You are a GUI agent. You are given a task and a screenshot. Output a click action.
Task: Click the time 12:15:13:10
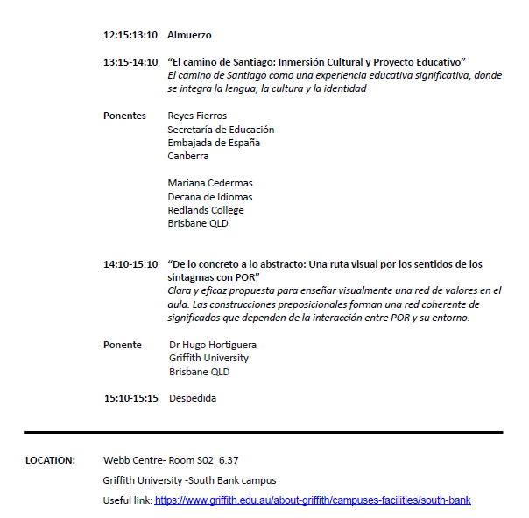click(x=130, y=36)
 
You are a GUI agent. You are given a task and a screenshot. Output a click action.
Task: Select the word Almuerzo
click(x=189, y=36)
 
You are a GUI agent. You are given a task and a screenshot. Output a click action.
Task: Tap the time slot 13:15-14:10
click(x=130, y=62)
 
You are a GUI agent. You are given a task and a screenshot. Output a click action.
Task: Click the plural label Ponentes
click(x=124, y=115)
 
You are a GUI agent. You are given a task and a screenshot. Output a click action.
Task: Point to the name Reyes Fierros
click(x=197, y=115)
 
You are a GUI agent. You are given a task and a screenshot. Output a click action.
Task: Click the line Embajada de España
click(x=214, y=143)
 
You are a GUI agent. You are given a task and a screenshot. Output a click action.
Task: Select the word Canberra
click(x=188, y=156)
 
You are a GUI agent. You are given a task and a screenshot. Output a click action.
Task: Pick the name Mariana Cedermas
click(x=210, y=183)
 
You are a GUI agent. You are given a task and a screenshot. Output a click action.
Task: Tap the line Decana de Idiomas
click(x=210, y=197)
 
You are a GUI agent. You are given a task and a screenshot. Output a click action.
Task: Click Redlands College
click(x=206, y=210)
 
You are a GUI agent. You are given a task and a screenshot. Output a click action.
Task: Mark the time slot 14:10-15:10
click(x=130, y=264)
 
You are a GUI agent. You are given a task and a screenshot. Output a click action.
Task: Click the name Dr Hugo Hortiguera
click(x=213, y=345)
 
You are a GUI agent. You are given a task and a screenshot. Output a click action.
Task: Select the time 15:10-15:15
click(x=131, y=398)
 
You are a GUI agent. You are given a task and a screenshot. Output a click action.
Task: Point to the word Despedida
click(x=193, y=398)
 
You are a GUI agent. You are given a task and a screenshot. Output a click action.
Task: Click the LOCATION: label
click(x=50, y=460)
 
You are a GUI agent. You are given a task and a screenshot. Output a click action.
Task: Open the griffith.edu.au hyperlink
click(x=313, y=500)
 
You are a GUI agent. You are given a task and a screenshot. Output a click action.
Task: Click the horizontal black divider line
click(x=263, y=432)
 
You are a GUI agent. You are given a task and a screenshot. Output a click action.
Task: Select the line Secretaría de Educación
click(x=221, y=129)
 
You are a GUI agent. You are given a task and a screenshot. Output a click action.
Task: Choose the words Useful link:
click(x=127, y=500)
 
